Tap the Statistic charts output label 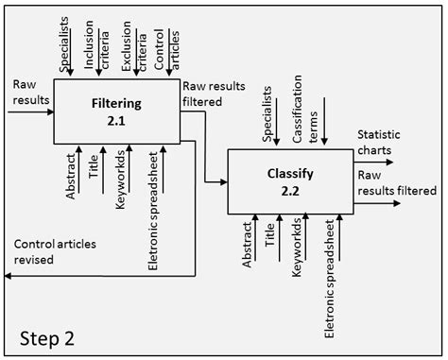[x=384, y=142]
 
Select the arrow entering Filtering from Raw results [x=31, y=111]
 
